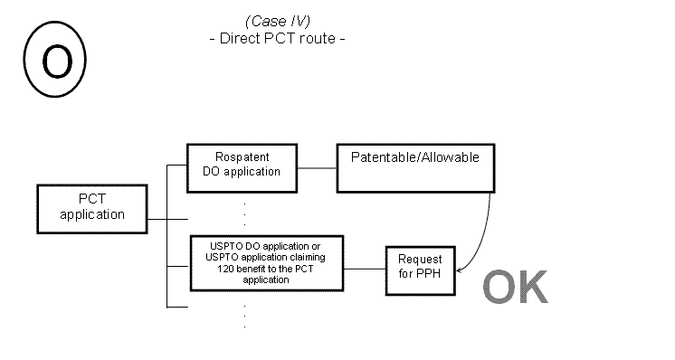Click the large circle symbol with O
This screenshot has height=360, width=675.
[x=56, y=61]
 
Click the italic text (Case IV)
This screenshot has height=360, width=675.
[x=277, y=21]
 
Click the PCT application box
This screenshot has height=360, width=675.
[x=92, y=207]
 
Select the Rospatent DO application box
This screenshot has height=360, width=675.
[x=242, y=167]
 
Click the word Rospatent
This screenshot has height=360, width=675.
[x=242, y=156]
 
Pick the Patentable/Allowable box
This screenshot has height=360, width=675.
[x=415, y=167]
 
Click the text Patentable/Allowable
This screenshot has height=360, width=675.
[x=415, y=157]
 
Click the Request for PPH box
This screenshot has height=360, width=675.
[x=420, y=270]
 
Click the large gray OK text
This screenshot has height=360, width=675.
[x=515, y=287]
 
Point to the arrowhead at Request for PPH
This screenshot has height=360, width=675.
[x=461, y=270]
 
